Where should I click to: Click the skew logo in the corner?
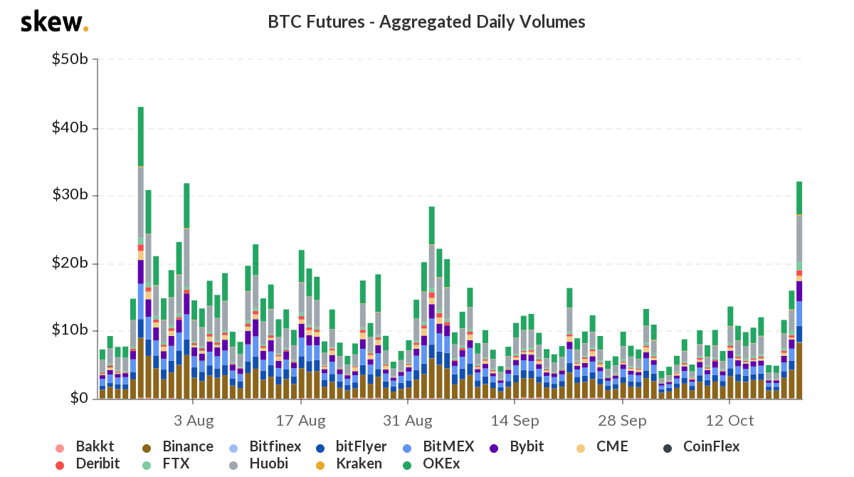click(54, 22)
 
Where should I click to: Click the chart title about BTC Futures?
click(426, 22)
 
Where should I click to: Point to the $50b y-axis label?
click(70, 60)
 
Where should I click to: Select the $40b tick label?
click(70, 128)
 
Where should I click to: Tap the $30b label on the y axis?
click(70, 196)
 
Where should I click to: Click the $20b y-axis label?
click(70, 263)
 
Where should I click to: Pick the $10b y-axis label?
click(70, 331)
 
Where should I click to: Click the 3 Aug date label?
click(194, 420)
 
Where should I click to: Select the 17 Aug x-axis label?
click(300, 420)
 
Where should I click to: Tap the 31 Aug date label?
click(408, 420)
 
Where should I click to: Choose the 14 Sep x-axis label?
click(515, 420)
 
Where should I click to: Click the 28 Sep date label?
click(622, 420)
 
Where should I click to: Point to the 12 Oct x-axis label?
click(729, 420)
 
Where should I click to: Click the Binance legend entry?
click(180, 447)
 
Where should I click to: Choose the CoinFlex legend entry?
click(703, 447)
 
